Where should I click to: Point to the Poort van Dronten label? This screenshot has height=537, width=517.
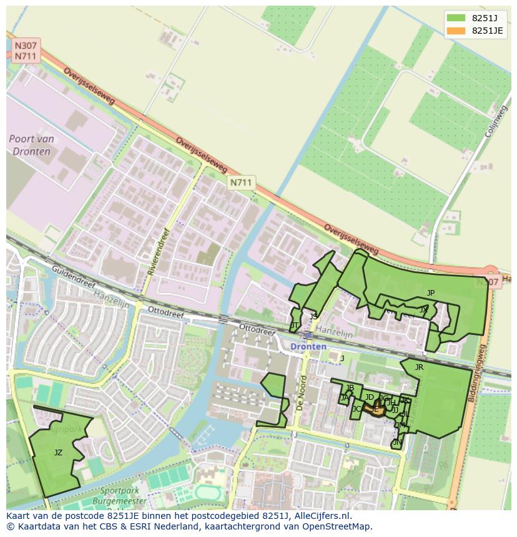(x=32, y=144)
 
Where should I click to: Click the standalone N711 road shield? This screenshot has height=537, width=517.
(x=241, y=182)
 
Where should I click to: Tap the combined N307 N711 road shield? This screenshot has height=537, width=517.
(x=26, y=51)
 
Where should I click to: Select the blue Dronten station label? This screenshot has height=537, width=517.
(x=308, y=346)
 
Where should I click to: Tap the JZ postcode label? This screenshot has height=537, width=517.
(x=58, y=453)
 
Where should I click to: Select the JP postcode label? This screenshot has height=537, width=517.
(x=431, y=293)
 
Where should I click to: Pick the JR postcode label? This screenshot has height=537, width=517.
(x=419, y=367)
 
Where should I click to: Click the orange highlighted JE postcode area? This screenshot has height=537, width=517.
(x=377, y=409)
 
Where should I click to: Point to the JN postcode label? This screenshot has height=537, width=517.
(x=397, y=442)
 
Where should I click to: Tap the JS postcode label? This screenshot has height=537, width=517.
(x=313, y=316)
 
